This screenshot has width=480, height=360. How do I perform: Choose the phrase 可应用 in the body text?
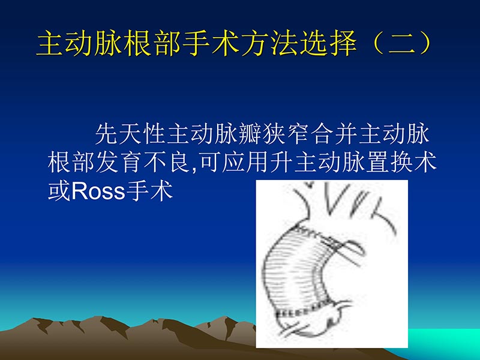(x=233, y=163)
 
